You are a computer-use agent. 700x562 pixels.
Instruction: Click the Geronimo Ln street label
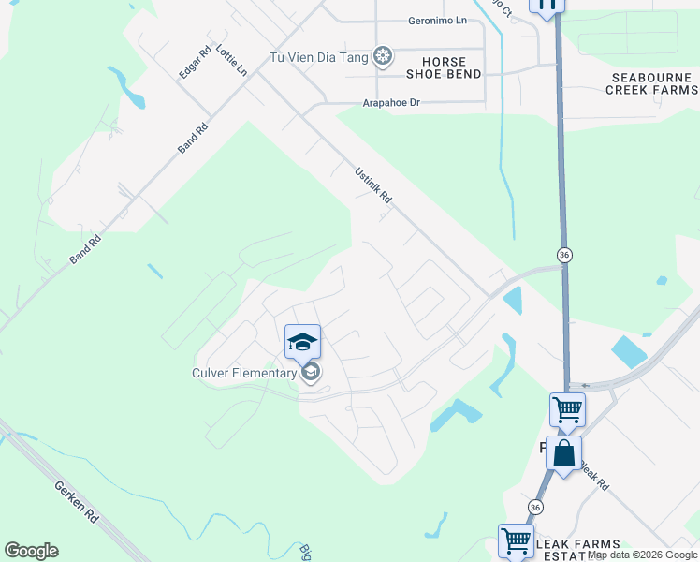(x=438, y=21)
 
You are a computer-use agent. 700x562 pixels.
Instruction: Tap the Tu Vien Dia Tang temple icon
(x=382, y=57)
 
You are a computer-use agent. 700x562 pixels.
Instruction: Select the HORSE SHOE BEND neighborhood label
(x=444, y=67)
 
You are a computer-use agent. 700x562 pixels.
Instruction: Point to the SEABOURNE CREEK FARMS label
(x=651, y=83)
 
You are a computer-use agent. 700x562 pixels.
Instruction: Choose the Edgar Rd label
(x=190, y=63)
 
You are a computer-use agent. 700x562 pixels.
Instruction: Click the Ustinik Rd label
(x=372, y=185)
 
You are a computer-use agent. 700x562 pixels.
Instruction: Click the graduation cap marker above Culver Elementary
(x=302, y=342)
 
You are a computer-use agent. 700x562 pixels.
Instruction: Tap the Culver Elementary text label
(x=245, y=374)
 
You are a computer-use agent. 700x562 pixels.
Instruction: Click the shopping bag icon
(x=564, y=454)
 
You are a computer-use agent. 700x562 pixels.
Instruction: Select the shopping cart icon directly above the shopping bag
(x=567, y=409)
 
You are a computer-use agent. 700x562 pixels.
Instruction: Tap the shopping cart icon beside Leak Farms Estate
(x=516, y=540)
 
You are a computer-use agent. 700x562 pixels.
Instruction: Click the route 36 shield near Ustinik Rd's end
(x=563, y=255)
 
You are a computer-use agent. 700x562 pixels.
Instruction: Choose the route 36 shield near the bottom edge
(x=534, y=507)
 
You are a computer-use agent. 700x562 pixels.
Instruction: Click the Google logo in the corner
(x=31, y=551)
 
